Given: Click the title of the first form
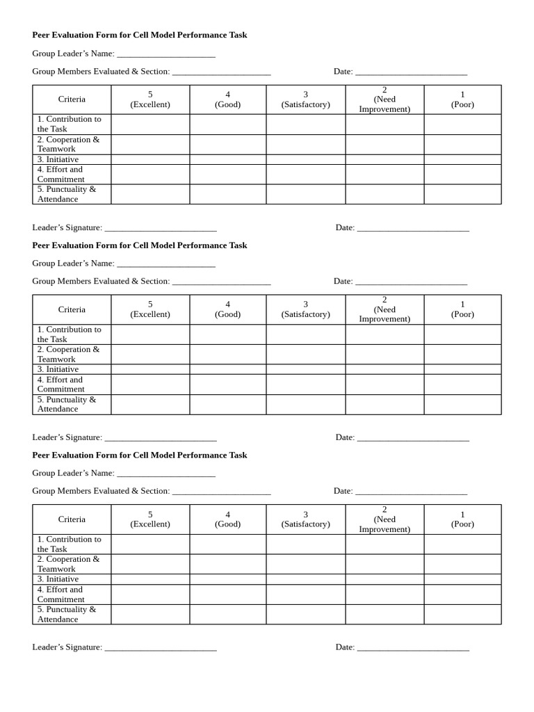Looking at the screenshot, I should point(140,35).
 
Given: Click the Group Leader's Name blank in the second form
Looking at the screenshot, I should point(166,264).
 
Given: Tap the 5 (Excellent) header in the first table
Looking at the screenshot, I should point(150,99).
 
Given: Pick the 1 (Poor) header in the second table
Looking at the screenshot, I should point(462,309).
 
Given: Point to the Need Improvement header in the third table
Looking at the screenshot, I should point(385,519).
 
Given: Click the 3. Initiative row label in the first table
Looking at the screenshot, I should point(58,159).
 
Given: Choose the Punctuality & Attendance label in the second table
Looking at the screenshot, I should point(67,404).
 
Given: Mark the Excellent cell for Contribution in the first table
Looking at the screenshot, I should point(150,124).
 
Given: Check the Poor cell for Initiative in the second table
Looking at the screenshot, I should point(462,369).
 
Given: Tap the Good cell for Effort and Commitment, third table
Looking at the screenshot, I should point(228,594).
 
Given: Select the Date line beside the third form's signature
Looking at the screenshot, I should point(413,647).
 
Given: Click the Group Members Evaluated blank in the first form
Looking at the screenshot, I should point(221,72).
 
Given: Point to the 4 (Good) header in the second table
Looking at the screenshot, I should point(228,309).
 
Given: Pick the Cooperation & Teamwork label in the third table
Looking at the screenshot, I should point(68,564).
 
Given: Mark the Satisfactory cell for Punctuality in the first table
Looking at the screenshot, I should point(306,194).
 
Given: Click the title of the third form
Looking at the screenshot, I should point(140,455).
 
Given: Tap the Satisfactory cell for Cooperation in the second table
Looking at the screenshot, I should point(306,355).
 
